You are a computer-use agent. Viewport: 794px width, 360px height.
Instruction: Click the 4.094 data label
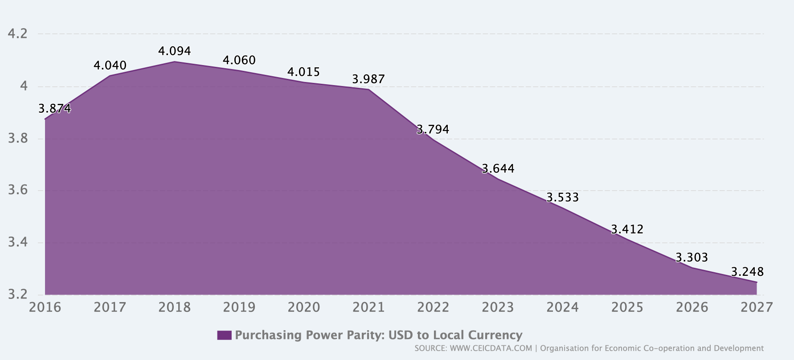(x=175, y=51)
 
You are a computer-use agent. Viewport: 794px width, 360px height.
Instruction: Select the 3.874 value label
(x=54, y=108)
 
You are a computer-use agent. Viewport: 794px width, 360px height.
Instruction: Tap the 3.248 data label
(x=747, y=272)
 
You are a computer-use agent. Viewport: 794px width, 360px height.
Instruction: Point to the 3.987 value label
(x=368, y=79)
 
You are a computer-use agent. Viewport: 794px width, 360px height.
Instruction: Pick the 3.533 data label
(x=562, y=197)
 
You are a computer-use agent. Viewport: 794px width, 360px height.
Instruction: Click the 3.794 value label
(x=433, y=130)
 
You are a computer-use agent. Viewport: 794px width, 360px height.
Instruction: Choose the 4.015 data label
(x=304, y=72)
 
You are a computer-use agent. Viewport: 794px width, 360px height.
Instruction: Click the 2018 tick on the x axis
(x=175, y=307)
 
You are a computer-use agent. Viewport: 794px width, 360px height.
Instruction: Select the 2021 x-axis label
(x=368, y=307)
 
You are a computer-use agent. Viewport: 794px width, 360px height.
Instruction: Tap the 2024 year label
(x=562, y=307)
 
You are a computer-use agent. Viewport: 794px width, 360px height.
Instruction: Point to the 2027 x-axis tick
(x=756, y=307)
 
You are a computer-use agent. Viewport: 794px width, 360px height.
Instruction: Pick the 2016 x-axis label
(x=45, y=307)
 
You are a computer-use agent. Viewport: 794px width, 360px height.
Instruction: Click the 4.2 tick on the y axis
(x=18, y=34)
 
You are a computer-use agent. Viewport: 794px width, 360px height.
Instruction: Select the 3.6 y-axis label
(x=18, y=191)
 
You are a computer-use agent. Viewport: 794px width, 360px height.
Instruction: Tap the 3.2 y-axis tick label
(x=18, y=295)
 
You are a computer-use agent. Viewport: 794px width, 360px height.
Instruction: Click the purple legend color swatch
(x=224, y=335)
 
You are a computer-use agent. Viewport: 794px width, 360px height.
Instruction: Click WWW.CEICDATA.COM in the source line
(x=491, y=348)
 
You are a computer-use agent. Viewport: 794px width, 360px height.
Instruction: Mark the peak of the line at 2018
(x=175, y=62)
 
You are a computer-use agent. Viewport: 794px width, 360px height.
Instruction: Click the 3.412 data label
(x=627, y=229)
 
